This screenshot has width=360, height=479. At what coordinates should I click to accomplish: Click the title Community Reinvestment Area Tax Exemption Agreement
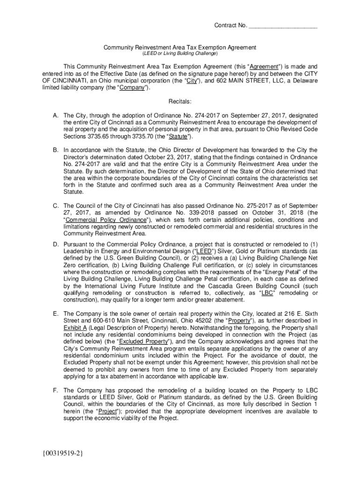[x=180, y=47]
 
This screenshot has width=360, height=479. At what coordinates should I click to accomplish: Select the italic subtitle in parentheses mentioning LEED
[x=180, y=54]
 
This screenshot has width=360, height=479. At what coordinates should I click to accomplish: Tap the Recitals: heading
[x=180, y=102]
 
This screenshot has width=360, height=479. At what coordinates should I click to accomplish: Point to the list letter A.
[x=55, y=116]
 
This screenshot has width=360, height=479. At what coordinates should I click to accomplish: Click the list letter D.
[x=55, y=244]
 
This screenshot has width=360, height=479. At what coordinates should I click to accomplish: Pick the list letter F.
[x=55, y=390]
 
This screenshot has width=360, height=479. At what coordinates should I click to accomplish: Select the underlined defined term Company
[x=132, y=87]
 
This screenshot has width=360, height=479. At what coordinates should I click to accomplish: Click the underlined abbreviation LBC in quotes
[x=267, y=293]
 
